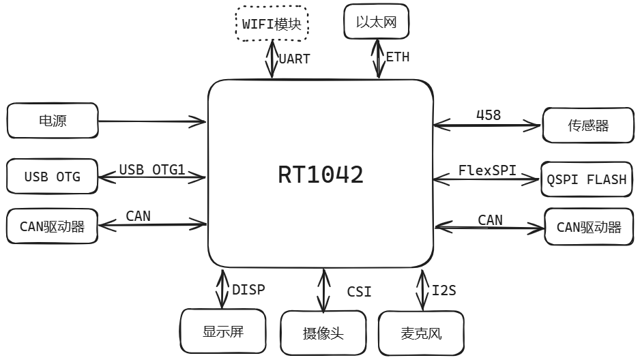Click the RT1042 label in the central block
coord(321,175)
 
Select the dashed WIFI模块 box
coord(272,24)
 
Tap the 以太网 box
coord(377,22)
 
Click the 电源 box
coord(53,121)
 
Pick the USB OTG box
coord(53,177)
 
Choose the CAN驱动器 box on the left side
coord(53,226)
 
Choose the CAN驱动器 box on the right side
coord(589,227)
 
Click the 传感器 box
coord(588,125)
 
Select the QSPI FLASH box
coord(586,179)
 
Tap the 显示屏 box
coord(222,332)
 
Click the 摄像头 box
coord(323,333)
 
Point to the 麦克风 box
coord(421,333)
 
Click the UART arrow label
coord(294,59)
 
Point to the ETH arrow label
coord(398,57)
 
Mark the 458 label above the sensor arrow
coord(489,115)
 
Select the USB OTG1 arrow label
coord(152,169)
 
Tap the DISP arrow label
coord(248,289)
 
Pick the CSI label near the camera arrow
coord(359,292)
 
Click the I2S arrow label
coord(443,290)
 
